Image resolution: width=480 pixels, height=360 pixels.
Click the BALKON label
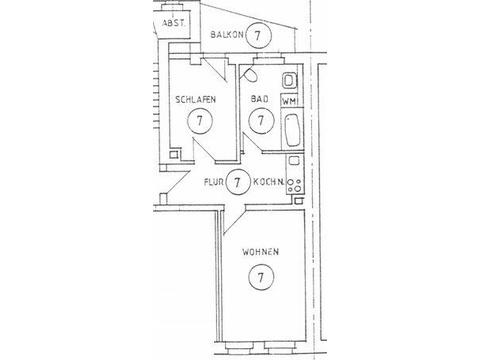227,34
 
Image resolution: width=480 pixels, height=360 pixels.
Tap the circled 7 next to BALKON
258,35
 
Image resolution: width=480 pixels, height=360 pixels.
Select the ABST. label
173,23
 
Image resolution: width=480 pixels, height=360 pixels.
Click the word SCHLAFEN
195,99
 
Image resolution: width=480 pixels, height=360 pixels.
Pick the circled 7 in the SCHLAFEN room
200,121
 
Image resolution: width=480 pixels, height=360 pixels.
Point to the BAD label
260,99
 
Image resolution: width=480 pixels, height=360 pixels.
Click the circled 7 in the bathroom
261,120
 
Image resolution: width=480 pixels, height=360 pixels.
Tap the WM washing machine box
289,101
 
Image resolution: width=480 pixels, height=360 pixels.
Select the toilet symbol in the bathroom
251,75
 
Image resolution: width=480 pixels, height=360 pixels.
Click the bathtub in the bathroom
292,130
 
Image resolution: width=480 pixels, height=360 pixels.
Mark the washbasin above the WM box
289,81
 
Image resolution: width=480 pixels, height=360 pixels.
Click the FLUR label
213,182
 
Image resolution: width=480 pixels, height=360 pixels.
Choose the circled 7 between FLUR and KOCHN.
237,182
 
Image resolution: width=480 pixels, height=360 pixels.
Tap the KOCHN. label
269,182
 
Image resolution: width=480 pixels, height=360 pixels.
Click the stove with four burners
295,186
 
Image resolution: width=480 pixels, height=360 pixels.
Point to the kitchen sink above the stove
294,161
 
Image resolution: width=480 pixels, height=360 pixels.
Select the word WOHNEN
260,252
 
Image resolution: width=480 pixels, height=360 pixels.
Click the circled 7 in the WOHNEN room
261,277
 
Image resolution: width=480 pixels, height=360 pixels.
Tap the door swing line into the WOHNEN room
234,222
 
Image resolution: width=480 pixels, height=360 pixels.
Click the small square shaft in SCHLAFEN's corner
173,154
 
